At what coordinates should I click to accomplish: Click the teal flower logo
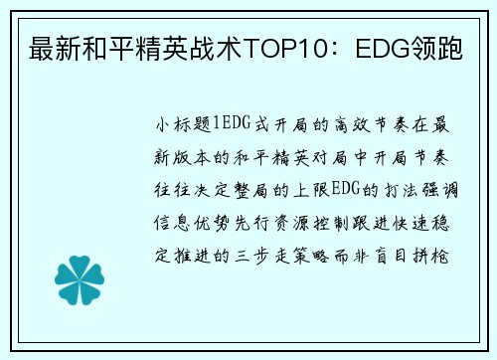point(80,280)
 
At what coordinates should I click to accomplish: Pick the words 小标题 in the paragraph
point(184,125)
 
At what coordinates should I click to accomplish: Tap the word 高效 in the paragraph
point(352,125)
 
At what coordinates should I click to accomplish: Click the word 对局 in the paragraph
point(329,157)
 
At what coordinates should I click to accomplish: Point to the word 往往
point(172,190)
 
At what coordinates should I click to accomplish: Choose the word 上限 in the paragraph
point(311,190)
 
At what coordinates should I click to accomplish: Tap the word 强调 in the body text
point(440,190)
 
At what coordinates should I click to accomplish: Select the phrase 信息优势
point(192,223)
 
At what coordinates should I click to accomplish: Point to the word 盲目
point(391,256)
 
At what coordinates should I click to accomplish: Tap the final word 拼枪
point(430,256)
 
